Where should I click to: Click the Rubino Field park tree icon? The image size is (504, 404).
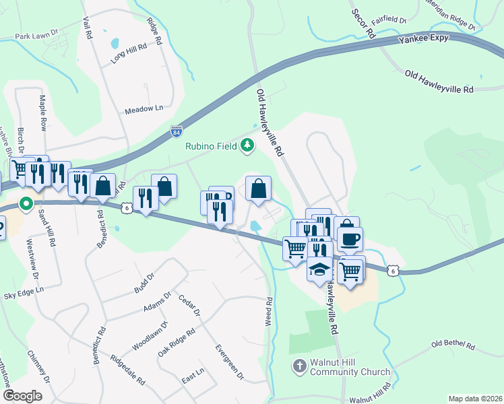(x=248, y=145)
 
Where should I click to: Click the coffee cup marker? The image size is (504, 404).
(x=350, y=239)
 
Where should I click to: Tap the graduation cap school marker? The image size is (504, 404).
(x=320, y=270)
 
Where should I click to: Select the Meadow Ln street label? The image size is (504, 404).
(x=144, y=108)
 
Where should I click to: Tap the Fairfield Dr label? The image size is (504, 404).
(x=389, y=21)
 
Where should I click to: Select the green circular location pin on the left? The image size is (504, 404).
(x=26, y=202)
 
